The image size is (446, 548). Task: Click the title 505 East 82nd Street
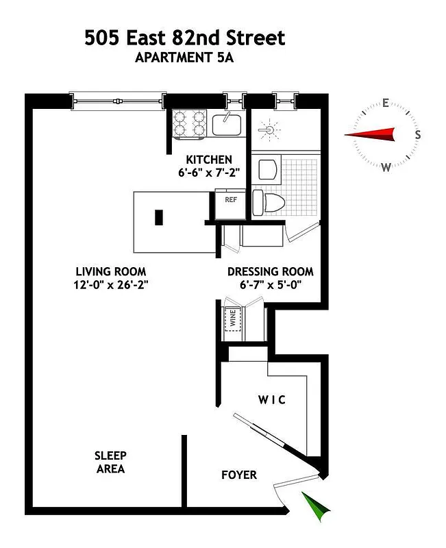(184, 38)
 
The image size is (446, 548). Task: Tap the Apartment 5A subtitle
(184, 58)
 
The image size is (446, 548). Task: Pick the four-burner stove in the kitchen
(189, 123)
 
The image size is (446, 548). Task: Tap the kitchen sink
(225, 125)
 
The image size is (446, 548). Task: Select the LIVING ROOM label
(111, 271)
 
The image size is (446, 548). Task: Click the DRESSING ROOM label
(271, 271)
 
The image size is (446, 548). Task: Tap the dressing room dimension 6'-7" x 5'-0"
(271, 285)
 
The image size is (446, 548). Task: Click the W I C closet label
(272, 400)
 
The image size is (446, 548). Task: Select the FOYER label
(239, 475)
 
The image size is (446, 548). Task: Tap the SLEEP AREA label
(110, 462)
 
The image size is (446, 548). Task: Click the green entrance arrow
(316, 507)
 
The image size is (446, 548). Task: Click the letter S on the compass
(417, 135)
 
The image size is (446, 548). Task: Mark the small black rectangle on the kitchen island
(159, 218)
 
